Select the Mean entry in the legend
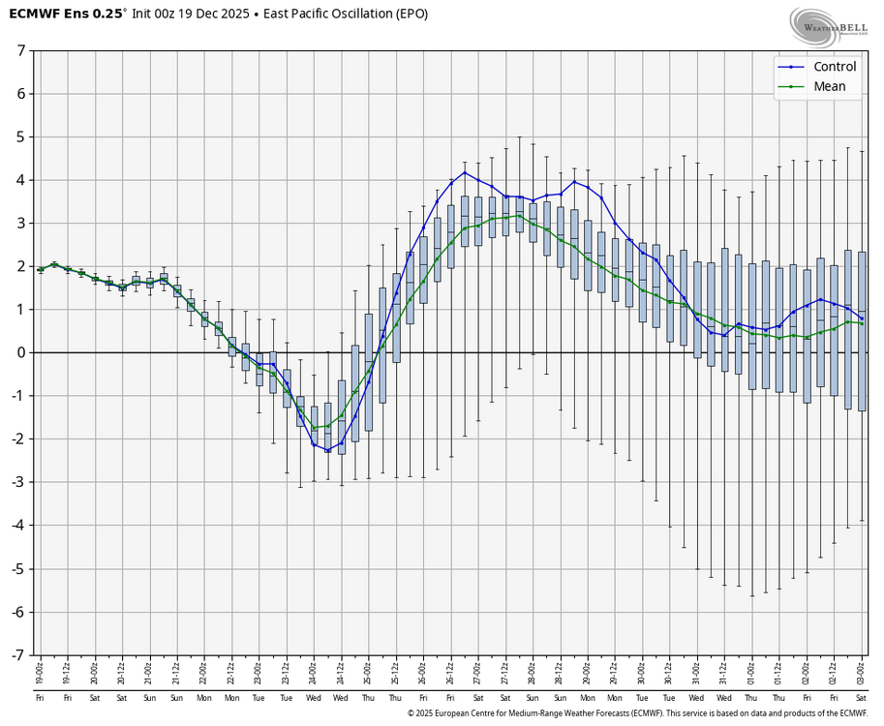click(x=829, y=86)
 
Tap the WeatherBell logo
click(x=827, y=26)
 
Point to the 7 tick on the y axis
click(x=20, y=50)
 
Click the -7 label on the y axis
click(x=18, y=654)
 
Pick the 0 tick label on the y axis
click(x=20, y=352)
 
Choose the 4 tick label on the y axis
click(x=20, y=180)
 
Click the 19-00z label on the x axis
click(x=40, y=670)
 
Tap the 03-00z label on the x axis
click(x=862, y=670)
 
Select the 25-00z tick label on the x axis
click(x=368, y=670)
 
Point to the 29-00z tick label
click(x=587, y=670)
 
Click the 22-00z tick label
click(x=204, y=670)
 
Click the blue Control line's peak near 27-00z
click(x=465, y=172)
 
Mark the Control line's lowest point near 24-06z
click(x=327, y=451)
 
